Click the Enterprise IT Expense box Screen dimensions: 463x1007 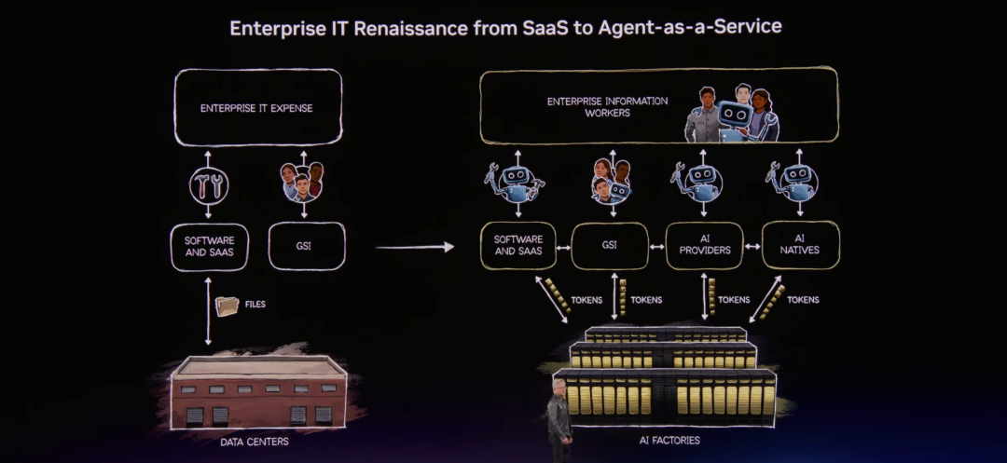pyautogui.click(x=256, y=108)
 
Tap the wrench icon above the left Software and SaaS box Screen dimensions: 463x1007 pyautogui.click(x=209, y=186)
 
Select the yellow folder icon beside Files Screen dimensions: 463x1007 pyautogui.click(x=227, y=306)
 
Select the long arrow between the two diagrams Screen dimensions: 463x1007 pyautogui.click(x=414, y=247)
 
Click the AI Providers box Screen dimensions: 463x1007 pyautogui.click(x=704, y=246)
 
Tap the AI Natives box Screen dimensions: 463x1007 pyautogui.click(x=801, y=245)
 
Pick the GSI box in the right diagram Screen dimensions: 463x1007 pyautogui.click(x=610, y=246)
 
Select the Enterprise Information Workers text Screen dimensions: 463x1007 pyautogui.click(x=607, y=107)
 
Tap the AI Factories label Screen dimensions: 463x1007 pyautogui.click(x=665, y=440)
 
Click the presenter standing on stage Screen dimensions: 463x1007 pyautogui.click(x=559, y=419)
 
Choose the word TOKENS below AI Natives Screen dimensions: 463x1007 pyautogui.click(x=802, y=300)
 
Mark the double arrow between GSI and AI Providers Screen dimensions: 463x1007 pyautogui.click(x=656, y=247)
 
